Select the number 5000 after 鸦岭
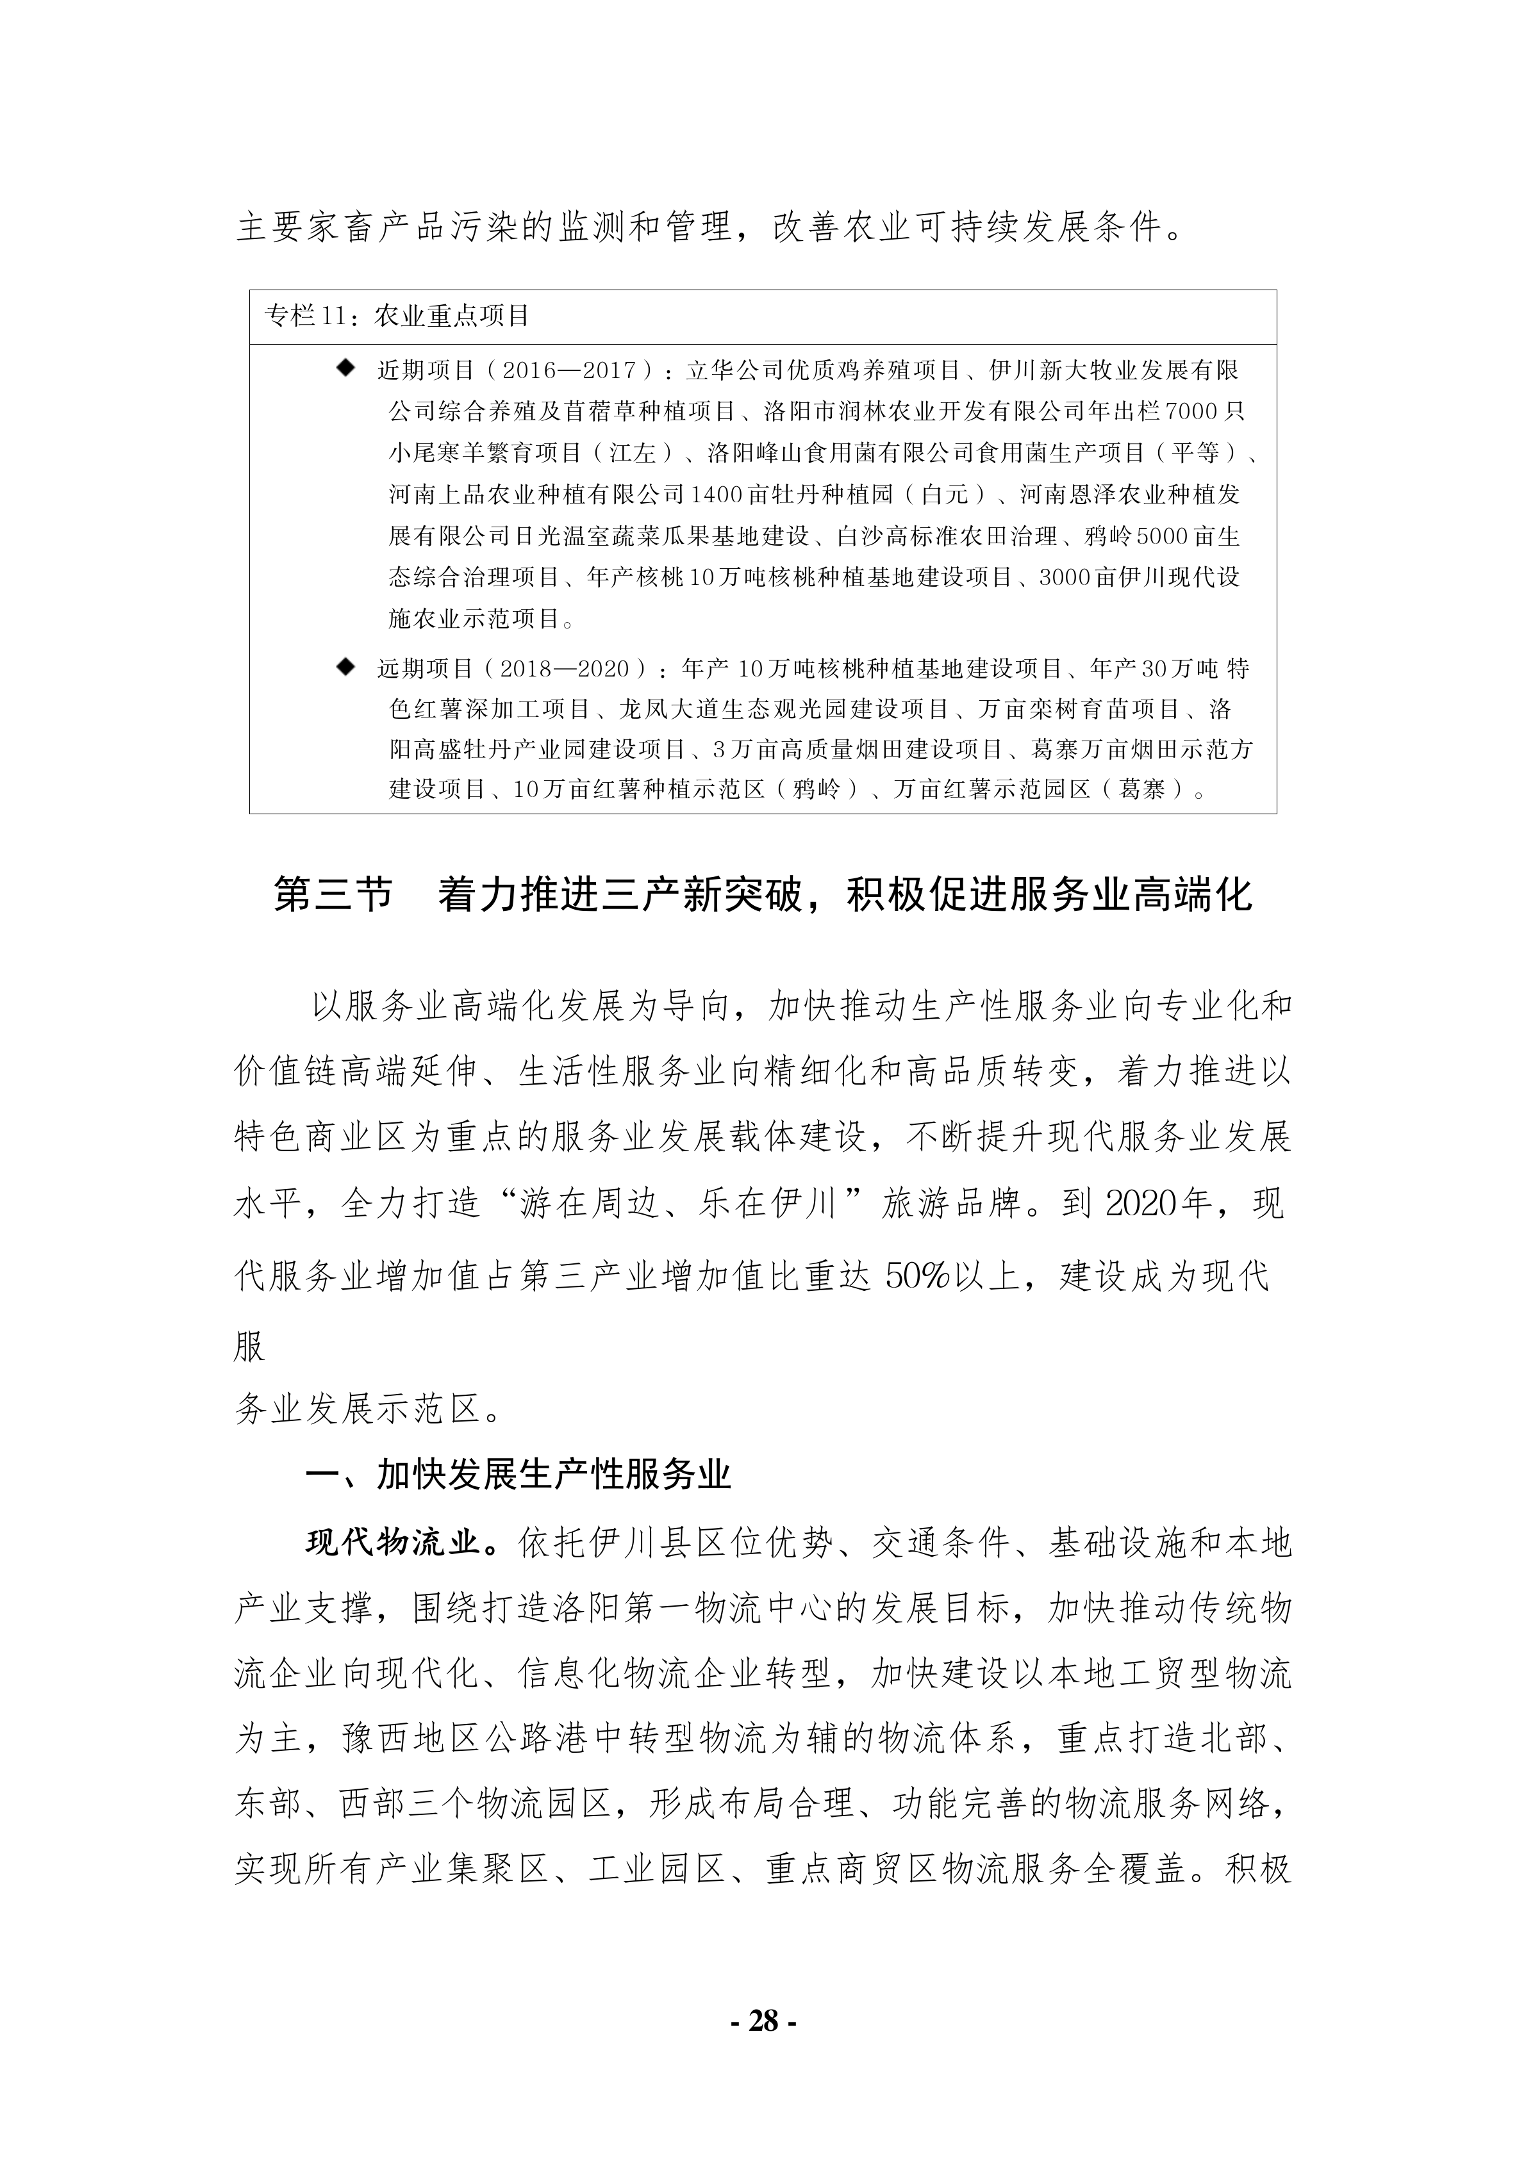[x=1165, y=536]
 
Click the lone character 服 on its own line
[x=250, y=1346]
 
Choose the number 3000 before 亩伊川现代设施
[x=1066, y=577]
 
